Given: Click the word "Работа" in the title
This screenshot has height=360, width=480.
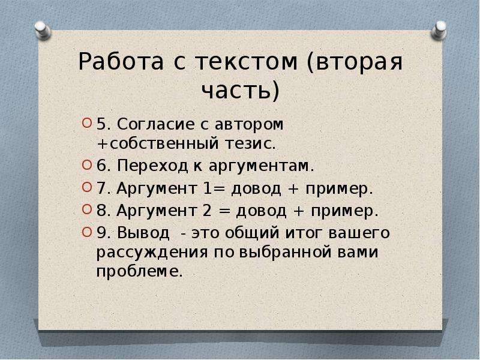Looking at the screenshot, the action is (121, 62).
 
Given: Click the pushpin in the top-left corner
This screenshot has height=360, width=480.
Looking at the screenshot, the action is (42, 31).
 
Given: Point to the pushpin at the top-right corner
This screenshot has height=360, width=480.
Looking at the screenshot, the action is (439, 30).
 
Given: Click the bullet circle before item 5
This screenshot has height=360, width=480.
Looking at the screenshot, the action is (87, 124).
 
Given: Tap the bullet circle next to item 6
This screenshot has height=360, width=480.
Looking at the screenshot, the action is (87, 165).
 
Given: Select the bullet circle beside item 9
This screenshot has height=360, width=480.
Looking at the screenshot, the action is (87, 232).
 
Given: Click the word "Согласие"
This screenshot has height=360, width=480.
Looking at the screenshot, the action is (156, 124).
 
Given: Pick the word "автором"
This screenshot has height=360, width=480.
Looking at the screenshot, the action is (249, 125).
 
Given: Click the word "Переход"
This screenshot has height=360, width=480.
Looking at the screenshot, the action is (152, 166).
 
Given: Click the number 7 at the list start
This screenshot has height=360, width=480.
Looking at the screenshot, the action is (101, 188).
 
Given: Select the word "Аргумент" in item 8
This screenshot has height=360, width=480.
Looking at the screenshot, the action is (157, 211).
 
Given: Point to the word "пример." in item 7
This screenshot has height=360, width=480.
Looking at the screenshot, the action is (340, 189).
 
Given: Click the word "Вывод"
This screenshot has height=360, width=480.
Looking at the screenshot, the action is (143, 233).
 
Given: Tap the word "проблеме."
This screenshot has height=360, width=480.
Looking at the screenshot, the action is (140, 271).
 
